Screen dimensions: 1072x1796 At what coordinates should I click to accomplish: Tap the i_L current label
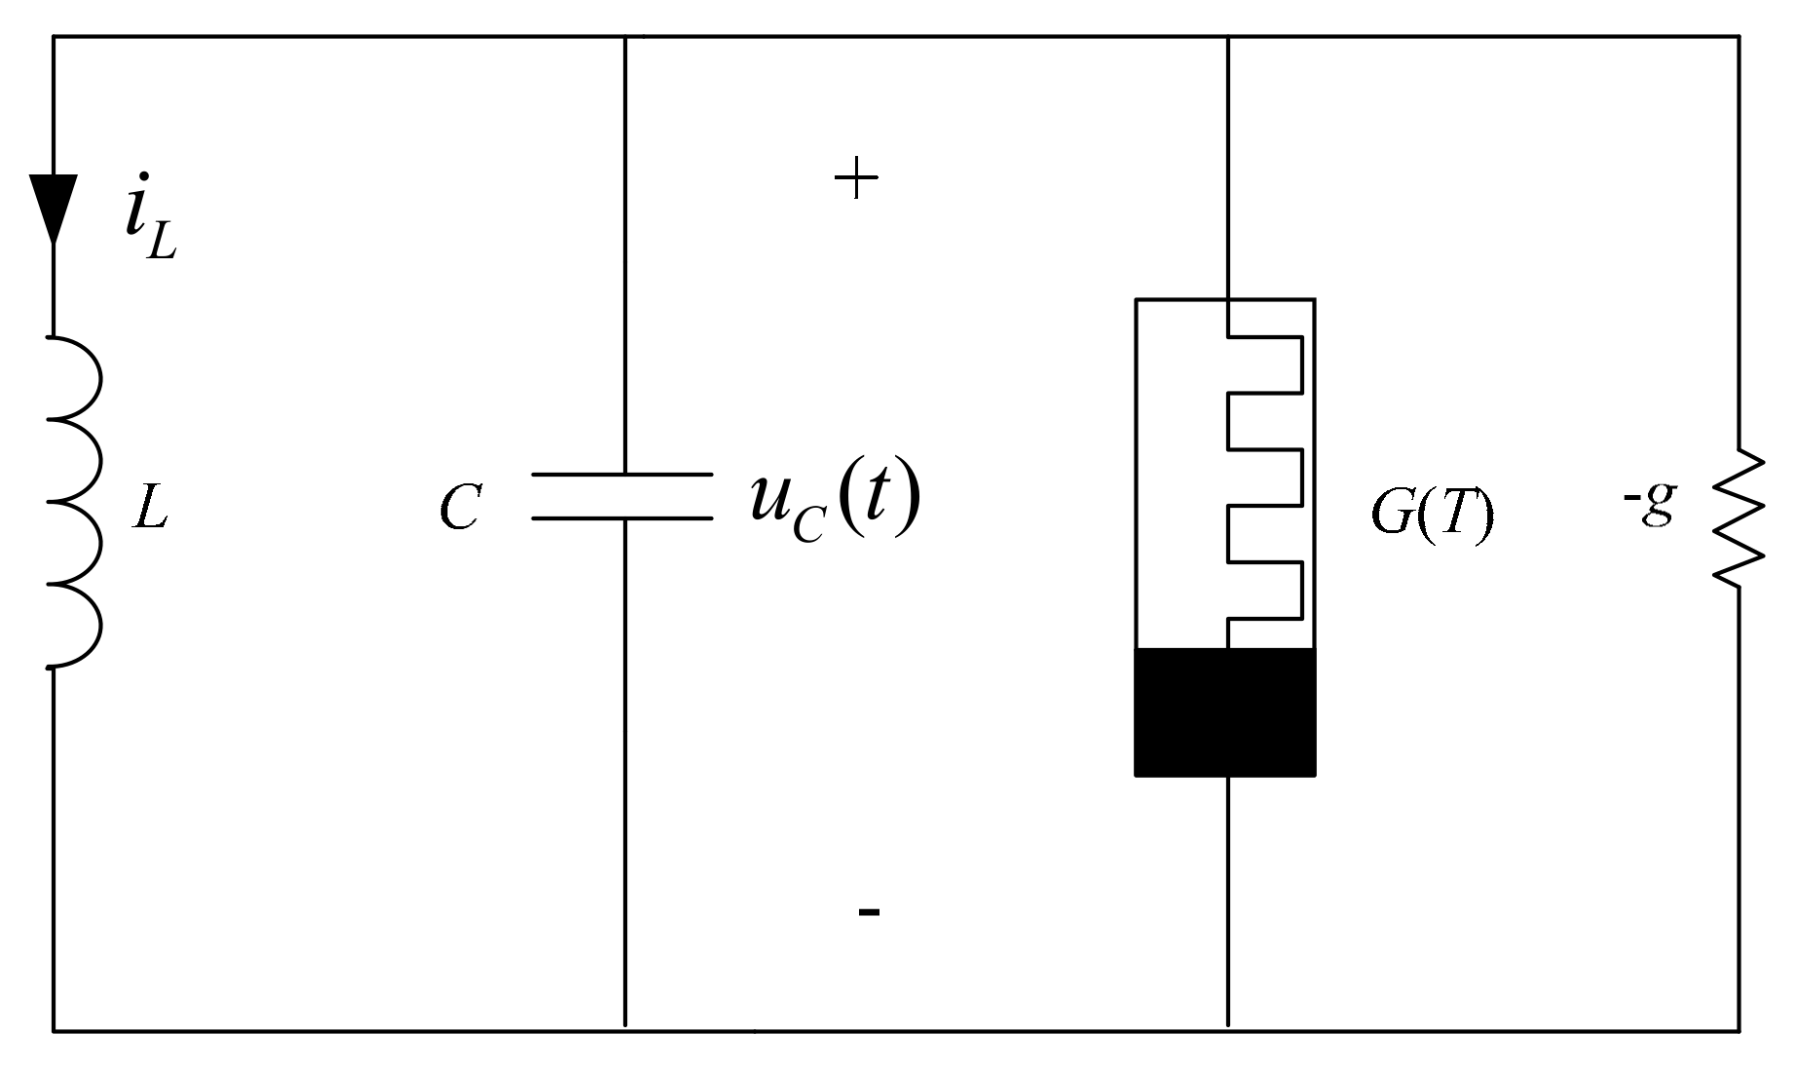click(x=150, y=220)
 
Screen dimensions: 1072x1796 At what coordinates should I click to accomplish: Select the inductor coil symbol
click(x=76, y=502)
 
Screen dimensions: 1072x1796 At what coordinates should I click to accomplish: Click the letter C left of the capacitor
click(x=459, y=508)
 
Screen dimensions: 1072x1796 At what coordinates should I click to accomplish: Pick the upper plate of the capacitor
click(x=621, y=475)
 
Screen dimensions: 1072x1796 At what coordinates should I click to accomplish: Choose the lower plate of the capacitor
click(x=621, y=517)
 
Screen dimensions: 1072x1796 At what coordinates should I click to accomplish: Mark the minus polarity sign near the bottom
click(x=869, y=912)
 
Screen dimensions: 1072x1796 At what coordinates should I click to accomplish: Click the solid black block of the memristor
click(x=1225, y=712)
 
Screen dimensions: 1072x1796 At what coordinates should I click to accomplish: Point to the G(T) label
click(x=1431, y=513)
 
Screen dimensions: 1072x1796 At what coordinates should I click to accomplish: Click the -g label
click(x=1649, y=504)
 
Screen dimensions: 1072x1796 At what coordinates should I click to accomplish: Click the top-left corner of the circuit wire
click(x=54, y=37)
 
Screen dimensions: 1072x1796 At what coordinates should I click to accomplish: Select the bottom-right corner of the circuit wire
click(x=1740, y=1029)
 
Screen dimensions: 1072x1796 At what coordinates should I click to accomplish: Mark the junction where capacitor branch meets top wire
click(x=624, y=37)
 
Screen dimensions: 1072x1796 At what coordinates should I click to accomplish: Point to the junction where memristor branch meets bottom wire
click(x=1227, y=1029)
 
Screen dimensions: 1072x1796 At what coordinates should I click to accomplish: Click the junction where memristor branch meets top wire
click(x=1227, y=37)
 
